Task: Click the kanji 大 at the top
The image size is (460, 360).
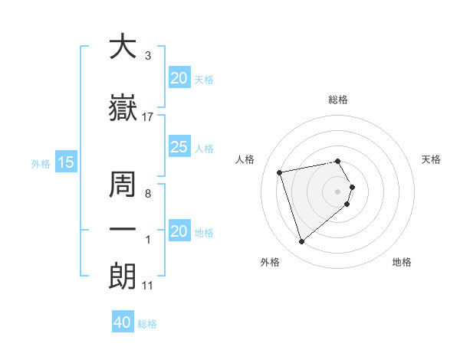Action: click(x=123, y=47)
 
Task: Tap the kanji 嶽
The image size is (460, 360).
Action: click(x=123, y=109)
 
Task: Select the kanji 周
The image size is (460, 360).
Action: click(x=123, y=183)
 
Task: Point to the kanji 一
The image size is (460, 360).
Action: click(x=123, y=229)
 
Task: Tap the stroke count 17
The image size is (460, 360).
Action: click(x=148, y=117)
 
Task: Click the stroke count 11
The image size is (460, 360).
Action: click(x=148, y=286)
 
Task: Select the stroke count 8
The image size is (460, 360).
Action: click(x=147, y=194)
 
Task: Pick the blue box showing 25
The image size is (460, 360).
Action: click(x=179, y=147)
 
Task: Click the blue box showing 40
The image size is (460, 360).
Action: click(x=123, y=322)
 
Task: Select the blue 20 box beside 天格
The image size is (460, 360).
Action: click(x=179, y=78)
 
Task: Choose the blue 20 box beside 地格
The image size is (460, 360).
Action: click(x=179, y=231)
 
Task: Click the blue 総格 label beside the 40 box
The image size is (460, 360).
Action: click(x=147, y=324)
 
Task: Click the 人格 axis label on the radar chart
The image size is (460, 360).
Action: click(x=245, y=159)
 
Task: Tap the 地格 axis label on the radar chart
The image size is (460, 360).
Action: click(x=402, y=263)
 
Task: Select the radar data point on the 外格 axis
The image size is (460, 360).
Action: click(x=302, y=242)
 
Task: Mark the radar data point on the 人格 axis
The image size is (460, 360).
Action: click(x=280, y=172)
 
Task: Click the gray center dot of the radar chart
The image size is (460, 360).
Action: click(x=338, y=191)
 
